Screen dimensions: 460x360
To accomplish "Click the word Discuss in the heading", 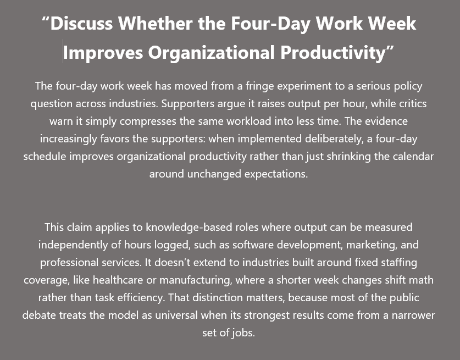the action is pyautogui.click(x=81, y=23).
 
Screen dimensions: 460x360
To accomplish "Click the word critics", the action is pyautogui.click(x=414, y=103).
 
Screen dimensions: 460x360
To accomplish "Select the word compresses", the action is pyautogui.click(x=148, y=121).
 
